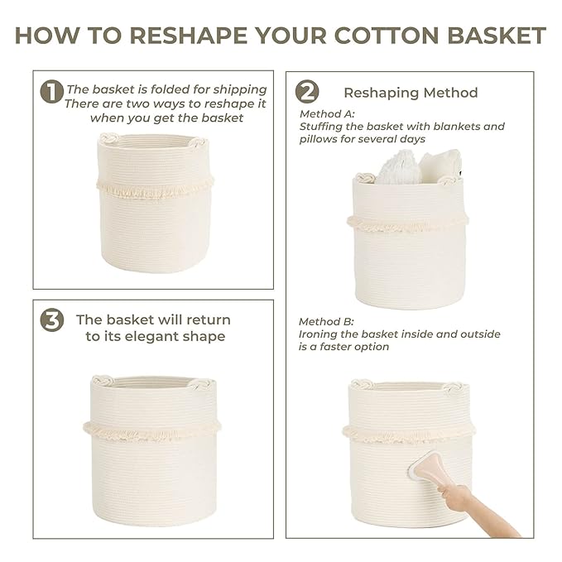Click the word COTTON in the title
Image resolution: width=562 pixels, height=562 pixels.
[387, 36]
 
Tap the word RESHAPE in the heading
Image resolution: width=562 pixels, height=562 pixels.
[189, 36]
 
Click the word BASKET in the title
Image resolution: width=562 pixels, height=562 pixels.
[497, 36]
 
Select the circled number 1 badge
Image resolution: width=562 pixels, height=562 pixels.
[51, 91]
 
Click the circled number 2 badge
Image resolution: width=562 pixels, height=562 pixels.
[307, 91]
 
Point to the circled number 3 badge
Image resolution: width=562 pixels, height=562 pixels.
[51, 319]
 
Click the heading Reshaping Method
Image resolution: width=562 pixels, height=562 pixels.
[411, 93]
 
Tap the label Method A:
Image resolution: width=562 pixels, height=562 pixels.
[327, 114]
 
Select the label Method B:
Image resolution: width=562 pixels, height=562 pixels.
[326, 321]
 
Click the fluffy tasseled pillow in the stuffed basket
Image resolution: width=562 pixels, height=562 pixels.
[399, 168]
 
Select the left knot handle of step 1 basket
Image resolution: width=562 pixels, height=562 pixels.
[108, 137]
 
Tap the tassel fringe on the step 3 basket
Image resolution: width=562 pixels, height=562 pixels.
[152, 431]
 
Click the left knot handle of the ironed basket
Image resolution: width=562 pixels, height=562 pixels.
[362, 384]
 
